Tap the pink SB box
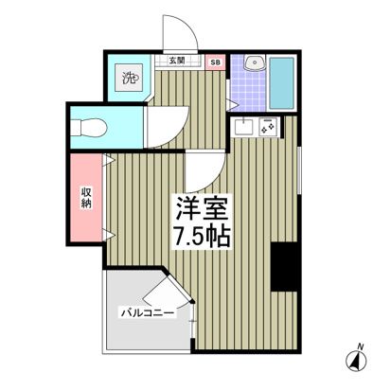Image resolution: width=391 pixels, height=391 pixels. pos(215,62)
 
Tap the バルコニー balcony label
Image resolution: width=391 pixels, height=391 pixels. pos(147,312)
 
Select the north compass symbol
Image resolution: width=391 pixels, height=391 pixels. pos(357,361)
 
